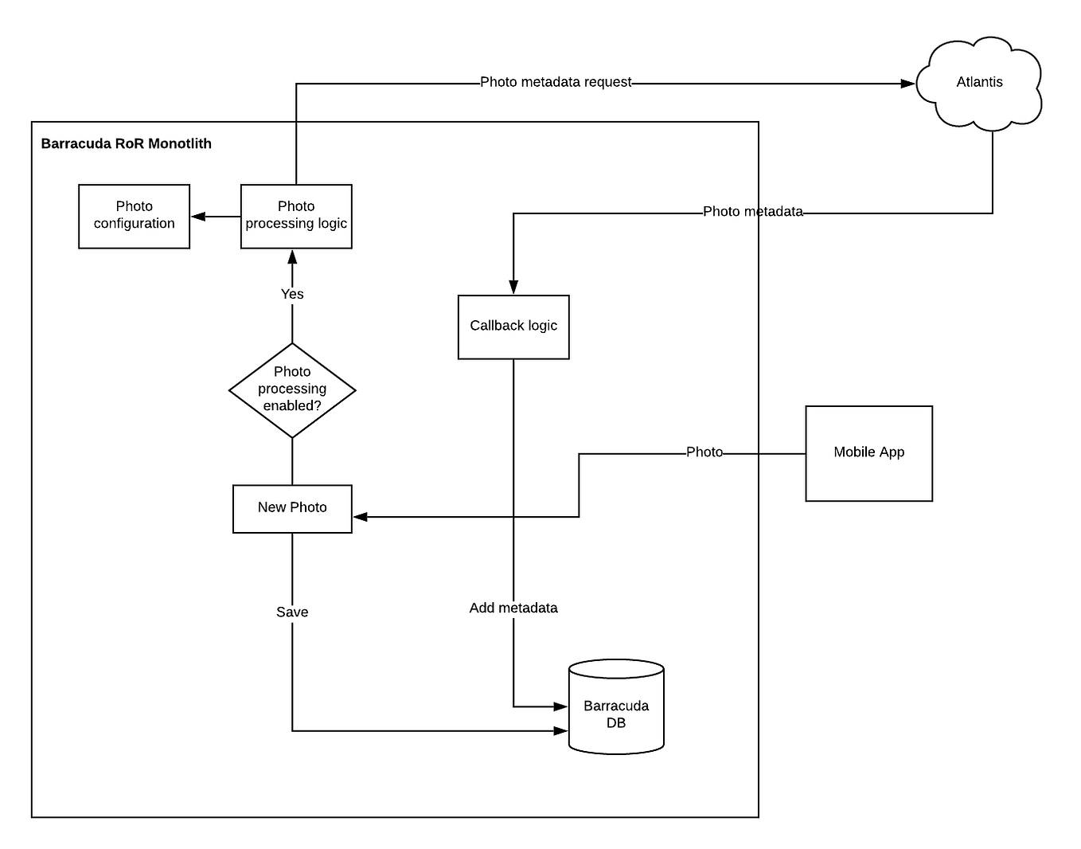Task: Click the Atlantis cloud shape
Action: tap(979, 83)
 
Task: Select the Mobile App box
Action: tap(868, 453)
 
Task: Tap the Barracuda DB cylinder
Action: tap(616, 707)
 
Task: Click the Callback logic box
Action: tap(513, 327)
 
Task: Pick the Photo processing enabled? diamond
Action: tap(292, 389)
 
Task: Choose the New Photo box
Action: tap(292, 508)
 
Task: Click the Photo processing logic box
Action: tap(296, 216)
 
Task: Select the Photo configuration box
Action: tap(134, 216)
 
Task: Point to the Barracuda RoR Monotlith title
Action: tap(126, 143)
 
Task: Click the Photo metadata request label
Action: tap(556, 82)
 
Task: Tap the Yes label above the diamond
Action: tap(292, 294)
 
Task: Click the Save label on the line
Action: tap(292, 612)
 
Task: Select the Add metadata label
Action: tap(513, 608)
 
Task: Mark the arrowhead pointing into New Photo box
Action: tap(360, 517)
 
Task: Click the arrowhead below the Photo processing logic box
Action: tap(292, 256)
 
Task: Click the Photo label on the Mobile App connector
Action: tap(704, 452)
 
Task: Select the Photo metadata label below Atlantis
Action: tap(752, 212)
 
